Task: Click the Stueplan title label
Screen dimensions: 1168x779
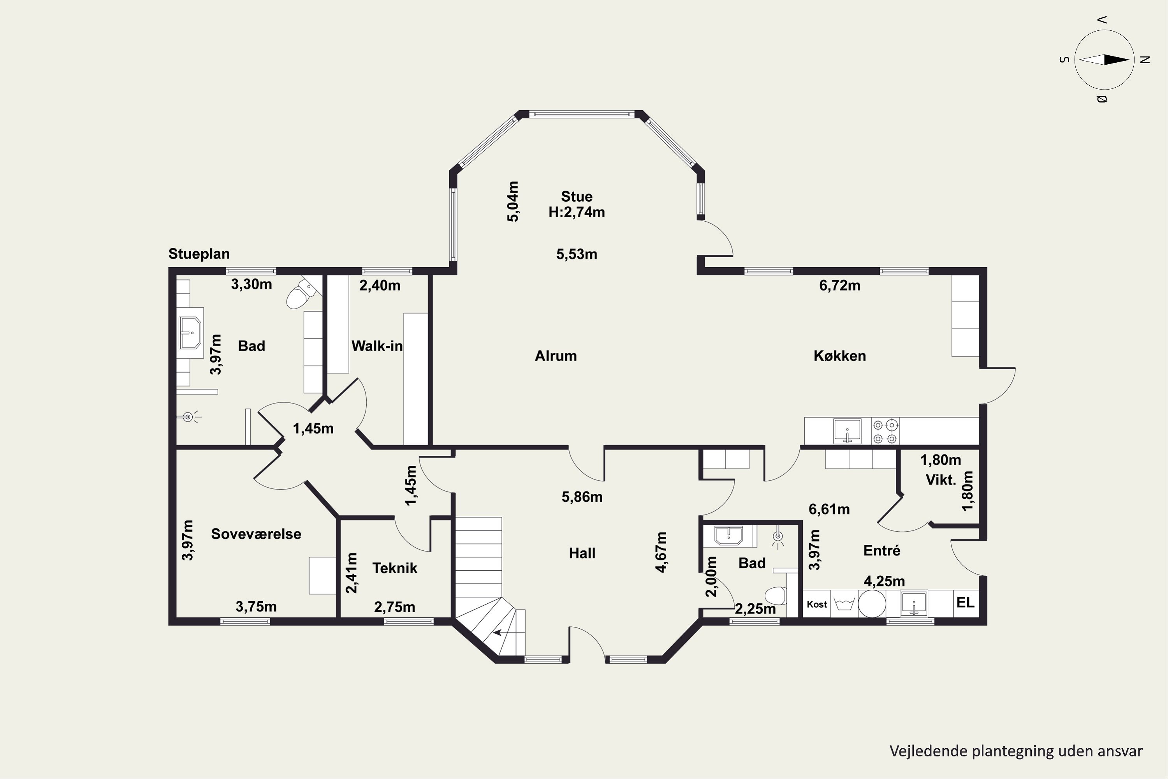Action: click(x=199, y=254)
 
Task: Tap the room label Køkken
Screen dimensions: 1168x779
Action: click(x=840, y=356)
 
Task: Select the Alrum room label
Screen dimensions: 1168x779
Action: click(x=556, y=356)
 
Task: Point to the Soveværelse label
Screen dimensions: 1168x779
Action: click(x=256, y=534)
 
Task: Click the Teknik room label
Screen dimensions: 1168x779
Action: click(x=395, y=568)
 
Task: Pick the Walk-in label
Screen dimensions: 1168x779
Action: click(x=377, y=346)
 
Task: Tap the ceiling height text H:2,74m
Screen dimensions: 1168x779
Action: click(x=577, y=212)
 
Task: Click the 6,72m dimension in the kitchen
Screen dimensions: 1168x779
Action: click(x=840, y=285)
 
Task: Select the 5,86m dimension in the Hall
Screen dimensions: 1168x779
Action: click(x=582, y=497)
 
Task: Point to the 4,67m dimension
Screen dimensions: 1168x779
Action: click(x=661, y=552)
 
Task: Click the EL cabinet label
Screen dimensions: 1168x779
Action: click(x=966, y=603)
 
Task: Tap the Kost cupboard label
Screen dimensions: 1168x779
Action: click(x=817, y=604)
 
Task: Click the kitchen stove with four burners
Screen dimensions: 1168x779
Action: click(x=885, y=432)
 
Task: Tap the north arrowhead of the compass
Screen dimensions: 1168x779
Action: click(x=1117, y=60)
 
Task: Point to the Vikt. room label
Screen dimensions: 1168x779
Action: click(x=941, y=480)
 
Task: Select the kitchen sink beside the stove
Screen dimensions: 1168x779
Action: click(x=847, y=431)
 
